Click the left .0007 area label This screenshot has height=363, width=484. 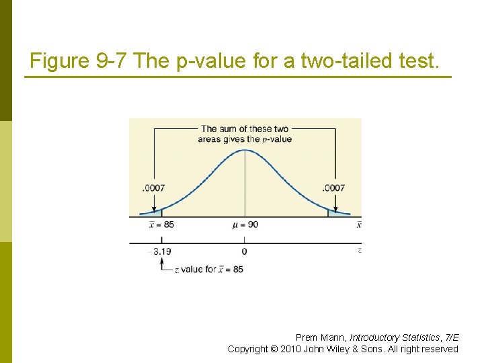pos(153,188)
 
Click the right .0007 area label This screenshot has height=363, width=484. pos(333,188)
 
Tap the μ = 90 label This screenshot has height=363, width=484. pos(245,224)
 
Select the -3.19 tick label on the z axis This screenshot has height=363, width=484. pos(160,251)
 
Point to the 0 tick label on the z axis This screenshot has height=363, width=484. pos(244,251)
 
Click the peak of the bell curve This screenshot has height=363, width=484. pos(245,149)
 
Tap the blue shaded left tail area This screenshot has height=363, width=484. pos(153,212)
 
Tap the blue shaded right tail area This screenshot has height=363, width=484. pos(336,212)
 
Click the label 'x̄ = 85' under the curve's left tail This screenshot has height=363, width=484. pos(161,224)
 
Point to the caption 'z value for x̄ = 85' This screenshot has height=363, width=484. pos(209,269)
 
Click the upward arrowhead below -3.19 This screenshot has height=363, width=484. pos(161,262)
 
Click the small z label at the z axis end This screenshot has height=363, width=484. pos(360,250)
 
